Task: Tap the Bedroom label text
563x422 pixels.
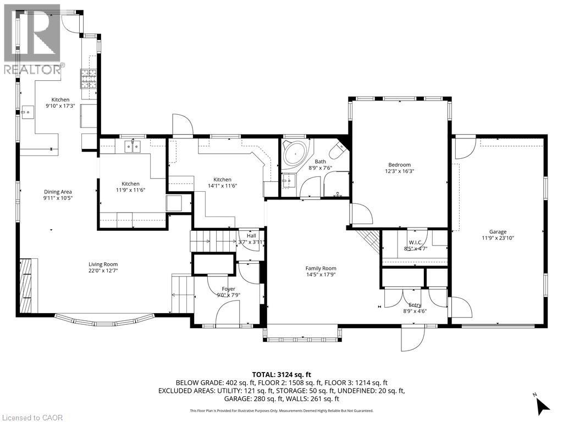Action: (x=399, y=165)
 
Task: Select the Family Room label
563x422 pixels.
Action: (x=321, y=269)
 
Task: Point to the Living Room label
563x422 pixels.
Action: (x=103, y=264)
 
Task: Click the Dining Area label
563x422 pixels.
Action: (x=58, y=192)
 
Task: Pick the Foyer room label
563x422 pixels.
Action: (x=228, y=289)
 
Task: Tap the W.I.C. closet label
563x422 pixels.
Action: (x=415, y=242)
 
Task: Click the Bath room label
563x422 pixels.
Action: (x=320, y=162)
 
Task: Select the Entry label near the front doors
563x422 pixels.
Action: (x=415, y=305)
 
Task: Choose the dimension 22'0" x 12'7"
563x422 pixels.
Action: (x=103, y=271)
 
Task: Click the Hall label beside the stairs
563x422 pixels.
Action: (x=251, y=236)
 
